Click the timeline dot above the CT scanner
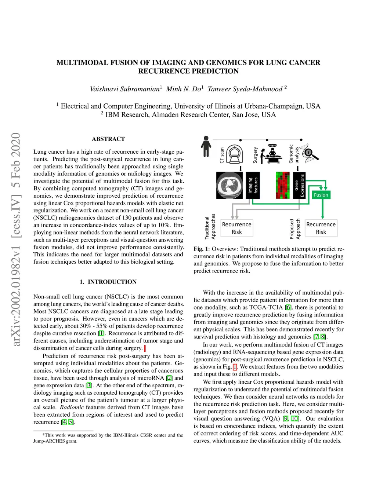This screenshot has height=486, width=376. (241, 140)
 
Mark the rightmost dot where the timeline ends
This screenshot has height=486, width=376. (301, 140)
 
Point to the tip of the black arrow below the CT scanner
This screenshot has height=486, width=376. (241, 171)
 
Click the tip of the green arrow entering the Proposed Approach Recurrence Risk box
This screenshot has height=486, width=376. (322, 219)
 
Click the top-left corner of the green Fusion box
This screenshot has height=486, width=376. (312, 191)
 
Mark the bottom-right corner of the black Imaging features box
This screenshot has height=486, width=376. (260, 199)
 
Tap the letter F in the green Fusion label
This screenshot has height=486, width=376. (315, 195)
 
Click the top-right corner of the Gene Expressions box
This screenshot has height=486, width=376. (305, 172)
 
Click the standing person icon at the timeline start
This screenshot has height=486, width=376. (206, 146)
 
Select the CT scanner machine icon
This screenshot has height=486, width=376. (235, 154)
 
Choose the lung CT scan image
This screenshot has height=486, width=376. (229, 185)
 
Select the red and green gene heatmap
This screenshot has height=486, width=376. (283, 185)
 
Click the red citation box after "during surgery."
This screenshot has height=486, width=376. (145, 348)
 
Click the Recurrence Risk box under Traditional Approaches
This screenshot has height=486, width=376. (237, 228)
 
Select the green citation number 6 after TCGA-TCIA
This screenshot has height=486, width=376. (288, 307)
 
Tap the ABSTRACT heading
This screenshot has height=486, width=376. (108, 139)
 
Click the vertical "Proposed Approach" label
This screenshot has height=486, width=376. (295, 229)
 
